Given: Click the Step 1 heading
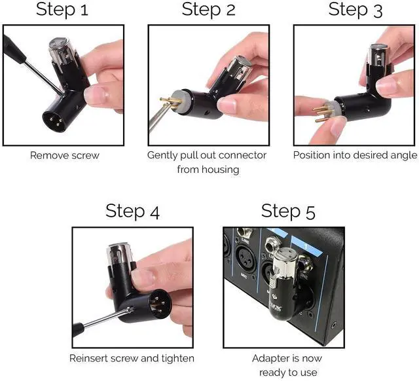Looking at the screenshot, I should point(62,10).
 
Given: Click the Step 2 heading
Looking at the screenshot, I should point(209,10).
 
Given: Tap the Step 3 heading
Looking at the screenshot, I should point(356,10).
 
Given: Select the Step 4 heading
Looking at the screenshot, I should point(132,211).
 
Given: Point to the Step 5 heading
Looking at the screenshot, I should point(287,211).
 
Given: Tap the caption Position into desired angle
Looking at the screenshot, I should point(354,156).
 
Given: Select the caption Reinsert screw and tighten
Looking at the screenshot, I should point(132,358).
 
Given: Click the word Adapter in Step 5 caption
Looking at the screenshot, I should point(270,358).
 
